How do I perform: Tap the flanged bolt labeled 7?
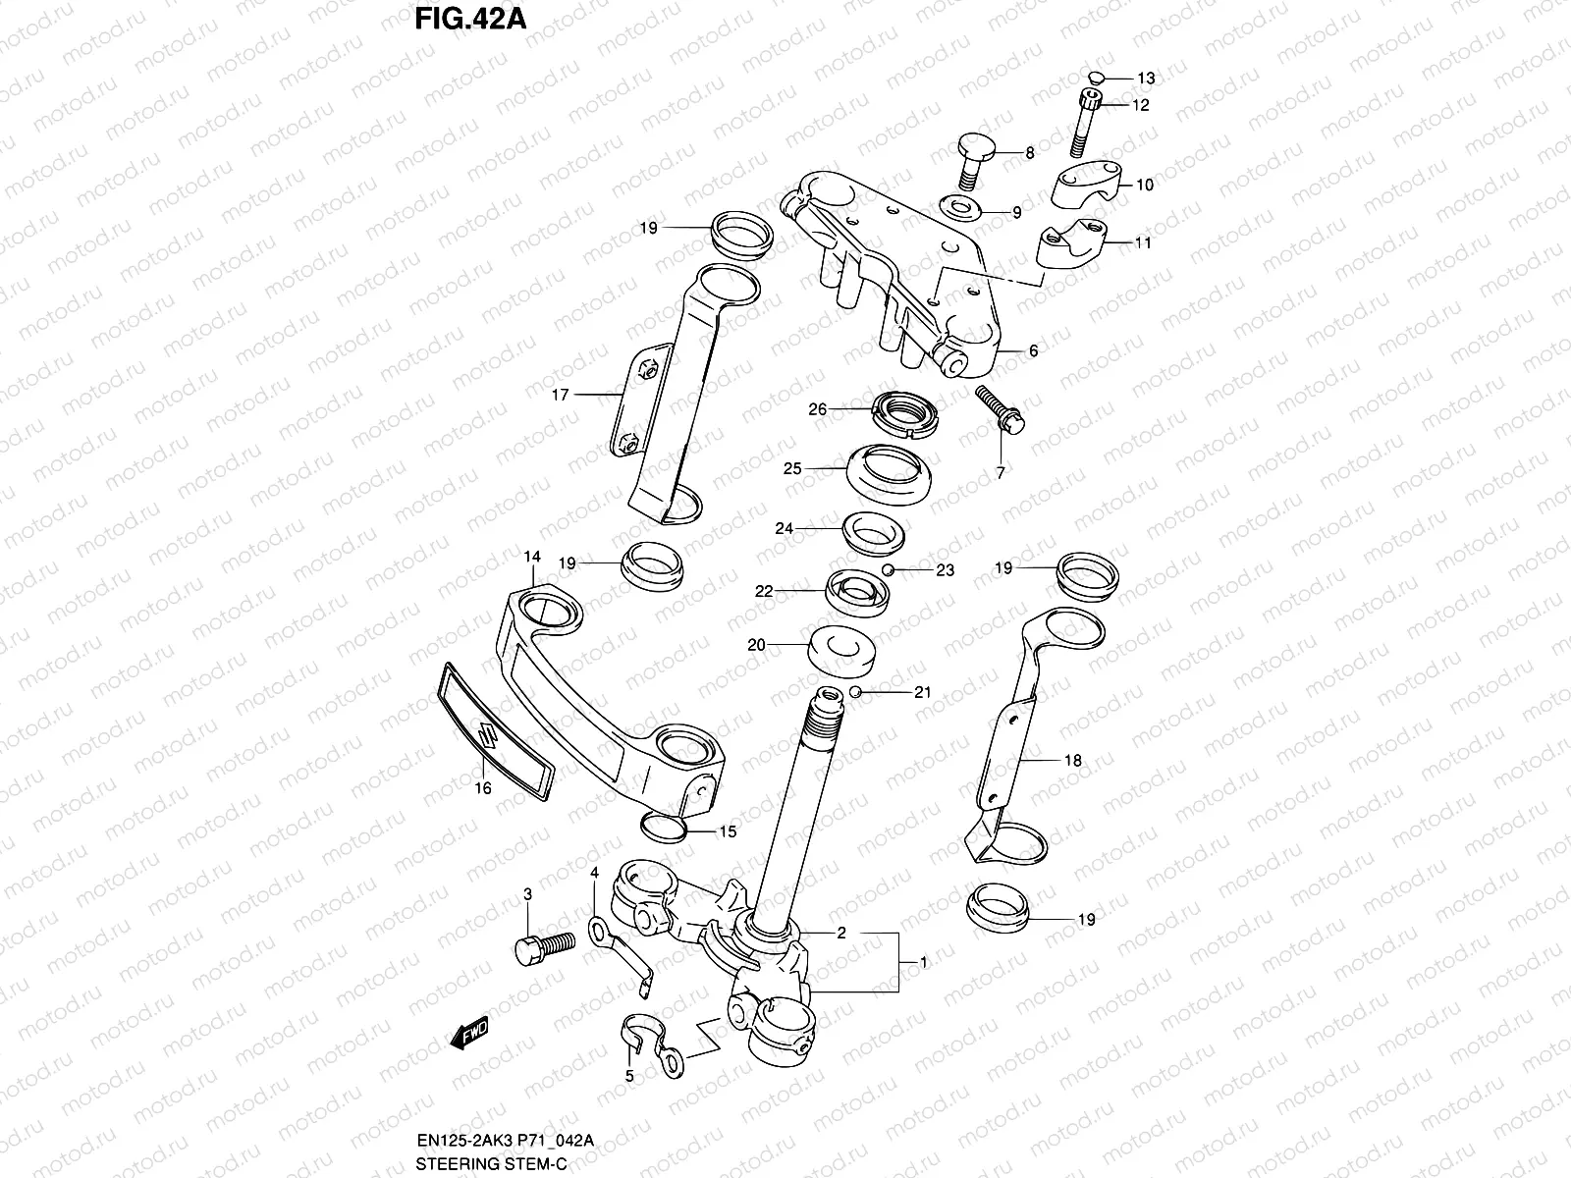pos(999,411)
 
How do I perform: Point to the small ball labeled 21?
pos(855,692)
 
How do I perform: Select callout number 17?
pos(561,395)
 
